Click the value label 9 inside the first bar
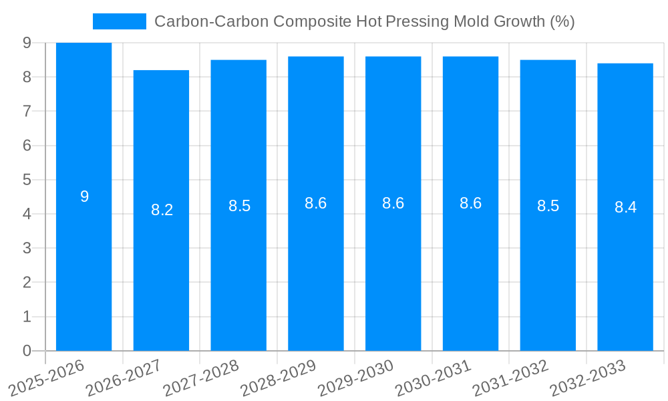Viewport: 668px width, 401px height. tap(84, 196)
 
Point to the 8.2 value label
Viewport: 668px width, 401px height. tap(162, 210)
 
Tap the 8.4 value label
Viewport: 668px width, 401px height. tap(625, 207)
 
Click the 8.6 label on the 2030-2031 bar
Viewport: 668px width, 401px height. tap(470, 203)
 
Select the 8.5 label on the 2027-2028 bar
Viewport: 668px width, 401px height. tap(239, 206)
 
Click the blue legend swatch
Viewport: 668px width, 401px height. tap(119, 21)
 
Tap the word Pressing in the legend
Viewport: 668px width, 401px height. tap(415, 21)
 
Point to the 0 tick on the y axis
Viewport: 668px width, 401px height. tap(27, 351)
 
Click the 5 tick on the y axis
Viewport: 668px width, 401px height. tap(27, 180)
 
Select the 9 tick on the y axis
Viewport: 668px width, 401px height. tap(27, 43)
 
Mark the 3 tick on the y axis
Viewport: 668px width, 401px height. tap(27, 248)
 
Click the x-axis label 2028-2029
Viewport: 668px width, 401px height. tap(278, 378)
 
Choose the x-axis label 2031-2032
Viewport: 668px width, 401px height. tap(510, 378)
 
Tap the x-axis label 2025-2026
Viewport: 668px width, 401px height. tap(46, 378)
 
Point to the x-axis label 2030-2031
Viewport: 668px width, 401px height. tap(433, 378)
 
